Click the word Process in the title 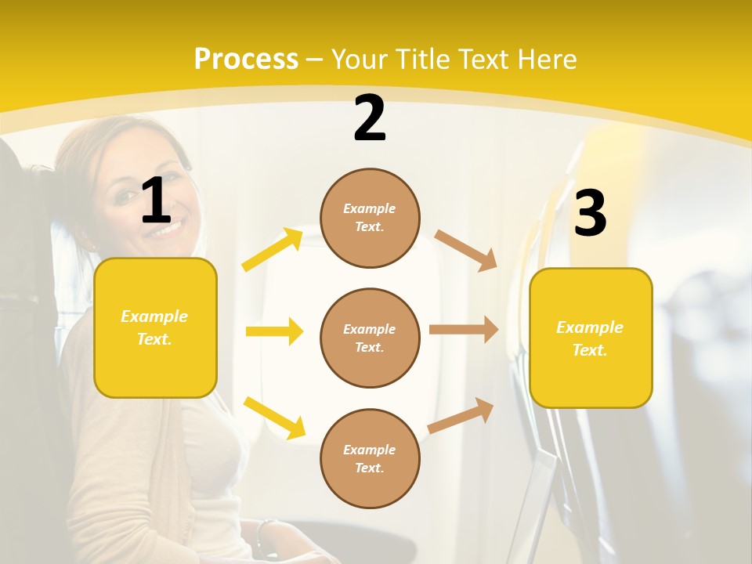pos(246,60)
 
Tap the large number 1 pos(156,201)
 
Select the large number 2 pos(370,118)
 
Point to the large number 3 pos(591,214)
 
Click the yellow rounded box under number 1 pos(155,327)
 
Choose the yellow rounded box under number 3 pos(591,338)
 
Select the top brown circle pos(370,218)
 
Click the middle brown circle pos(370,338)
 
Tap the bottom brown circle pos(370,458)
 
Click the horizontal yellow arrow pos(274,331)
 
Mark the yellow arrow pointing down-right pos(274,418)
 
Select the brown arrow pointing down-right pos(466,251)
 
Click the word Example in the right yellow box pos(590,327)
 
